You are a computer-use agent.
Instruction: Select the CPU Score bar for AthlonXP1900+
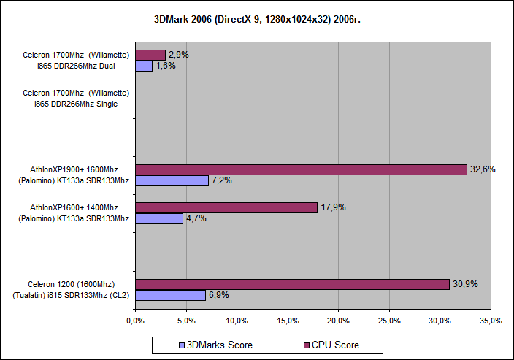301,169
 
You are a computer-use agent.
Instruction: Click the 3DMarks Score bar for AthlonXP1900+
172,180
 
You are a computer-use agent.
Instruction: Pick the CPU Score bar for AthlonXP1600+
226,207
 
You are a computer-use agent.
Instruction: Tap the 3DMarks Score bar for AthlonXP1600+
159,218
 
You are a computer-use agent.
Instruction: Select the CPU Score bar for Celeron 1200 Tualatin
292,284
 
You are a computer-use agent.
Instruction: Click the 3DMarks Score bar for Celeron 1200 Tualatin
170,295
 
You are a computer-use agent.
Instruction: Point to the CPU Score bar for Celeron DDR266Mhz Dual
150,55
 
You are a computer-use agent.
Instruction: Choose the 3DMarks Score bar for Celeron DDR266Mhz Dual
144,66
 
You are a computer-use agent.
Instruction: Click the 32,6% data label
483,169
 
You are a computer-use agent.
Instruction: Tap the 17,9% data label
333,207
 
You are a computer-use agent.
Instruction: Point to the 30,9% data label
465,284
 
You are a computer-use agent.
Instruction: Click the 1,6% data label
166,66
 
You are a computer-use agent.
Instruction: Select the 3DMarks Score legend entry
215,345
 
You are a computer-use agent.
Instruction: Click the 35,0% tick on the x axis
491,321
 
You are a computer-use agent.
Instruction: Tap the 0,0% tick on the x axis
135,321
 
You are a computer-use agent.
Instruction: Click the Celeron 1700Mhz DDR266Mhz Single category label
76,98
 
